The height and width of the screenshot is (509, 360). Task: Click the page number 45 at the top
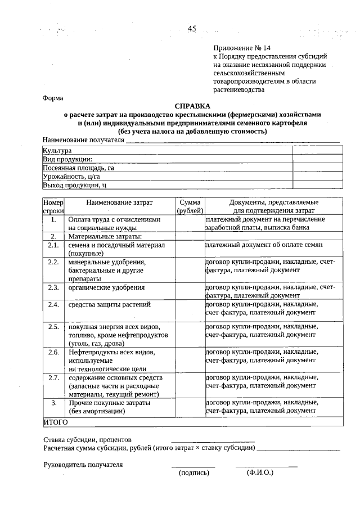192,29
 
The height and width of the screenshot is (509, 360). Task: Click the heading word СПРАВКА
192,106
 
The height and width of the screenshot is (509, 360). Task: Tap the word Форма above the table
53,97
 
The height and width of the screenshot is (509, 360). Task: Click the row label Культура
57,151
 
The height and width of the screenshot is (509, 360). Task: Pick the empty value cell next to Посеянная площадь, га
317,168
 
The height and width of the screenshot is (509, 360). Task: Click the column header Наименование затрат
119,202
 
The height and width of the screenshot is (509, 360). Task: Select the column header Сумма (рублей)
190,206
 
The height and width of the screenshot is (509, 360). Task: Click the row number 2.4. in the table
54,305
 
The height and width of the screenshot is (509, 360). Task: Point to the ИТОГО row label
56,421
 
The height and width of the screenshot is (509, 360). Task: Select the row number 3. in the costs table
54,403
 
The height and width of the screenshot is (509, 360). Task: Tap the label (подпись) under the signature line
193,473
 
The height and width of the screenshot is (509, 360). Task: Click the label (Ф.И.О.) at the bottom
259,473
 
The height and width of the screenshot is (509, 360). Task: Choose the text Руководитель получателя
83,465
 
